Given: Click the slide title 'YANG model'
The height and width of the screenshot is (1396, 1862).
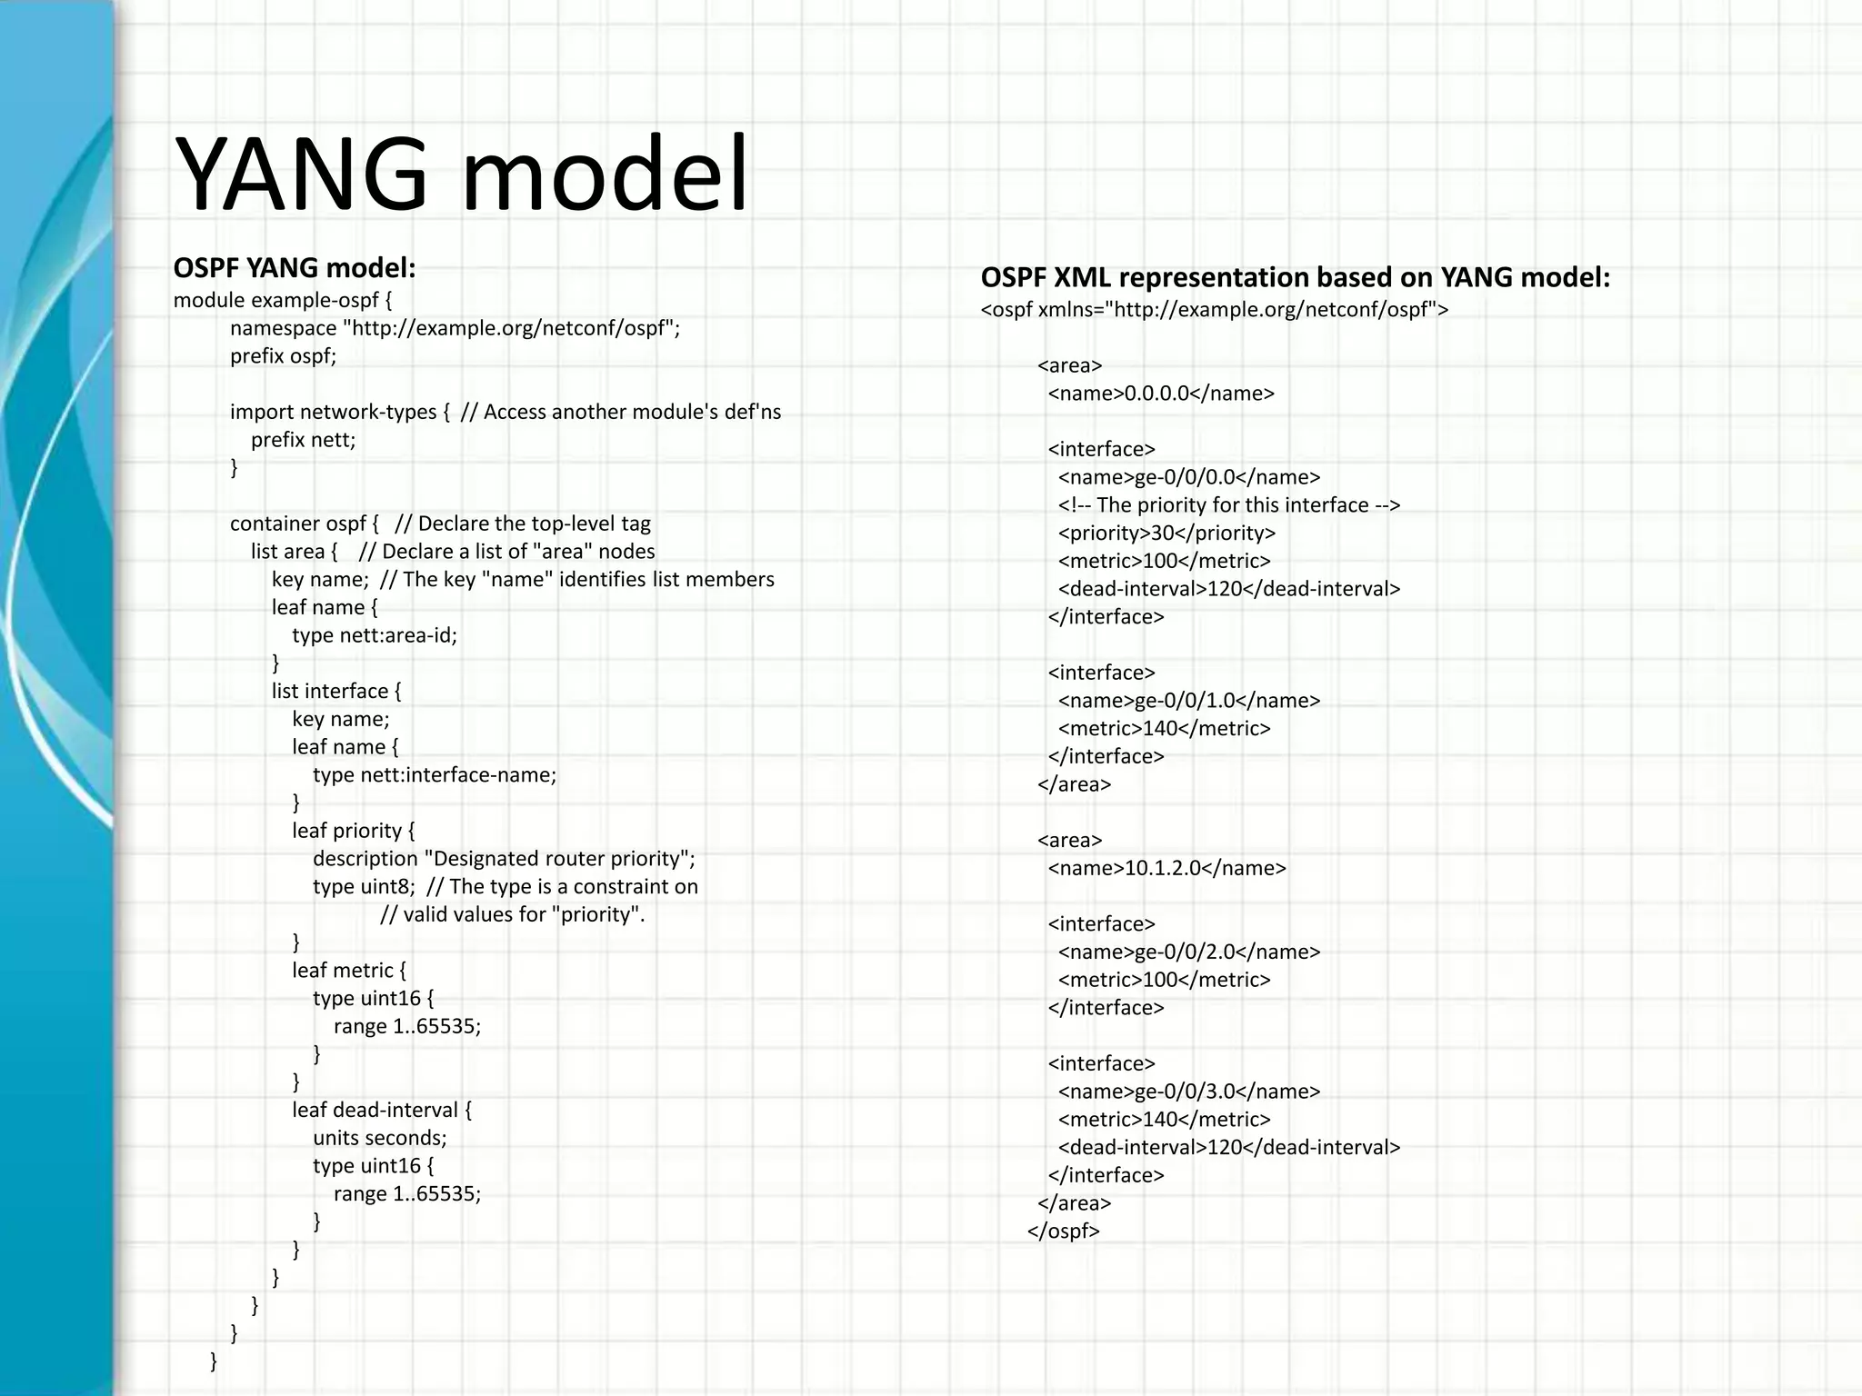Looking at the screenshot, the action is pyautogui.click(x=461, y=173).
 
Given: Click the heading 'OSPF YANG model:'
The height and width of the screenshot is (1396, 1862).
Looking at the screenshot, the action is pyautogui.click(x=295, y=268).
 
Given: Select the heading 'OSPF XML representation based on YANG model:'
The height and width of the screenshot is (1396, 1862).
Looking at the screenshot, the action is pyautogui.click(x=1295, y=277).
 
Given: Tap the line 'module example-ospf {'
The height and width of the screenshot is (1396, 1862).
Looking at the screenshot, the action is pyautogui.click(x=283, y=300).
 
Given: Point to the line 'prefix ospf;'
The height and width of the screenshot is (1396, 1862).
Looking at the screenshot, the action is pyautogui.click(x=283, y=356).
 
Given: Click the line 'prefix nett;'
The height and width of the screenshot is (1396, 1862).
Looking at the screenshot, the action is pyautogui.click(x=304, y=440).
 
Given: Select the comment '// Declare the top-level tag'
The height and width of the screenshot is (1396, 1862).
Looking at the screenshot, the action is pyautogui.click(x=523, y=523).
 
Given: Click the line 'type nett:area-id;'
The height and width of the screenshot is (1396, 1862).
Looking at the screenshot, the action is pyautogui.click(x=375, y=635).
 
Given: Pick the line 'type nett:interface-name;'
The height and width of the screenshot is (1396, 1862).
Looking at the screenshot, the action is pyautogui.click(x=435, y=775).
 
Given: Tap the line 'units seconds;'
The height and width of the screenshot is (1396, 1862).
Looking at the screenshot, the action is pyautogui.click(x=380, y=1138).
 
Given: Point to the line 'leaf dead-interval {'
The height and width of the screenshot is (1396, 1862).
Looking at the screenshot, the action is pyautogui.click(x=382, y=1110).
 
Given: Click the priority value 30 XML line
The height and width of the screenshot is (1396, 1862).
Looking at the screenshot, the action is pyautogui.click(x=1166, y=533).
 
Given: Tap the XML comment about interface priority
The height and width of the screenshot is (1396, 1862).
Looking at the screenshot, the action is pyautogui.click(x=1228, y=505).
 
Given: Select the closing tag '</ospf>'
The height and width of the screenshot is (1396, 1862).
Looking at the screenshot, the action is pyautogui.click(x=1064, y=1231).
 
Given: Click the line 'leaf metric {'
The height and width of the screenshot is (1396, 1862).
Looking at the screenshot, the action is pyautogui.click(x=349, y=971).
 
